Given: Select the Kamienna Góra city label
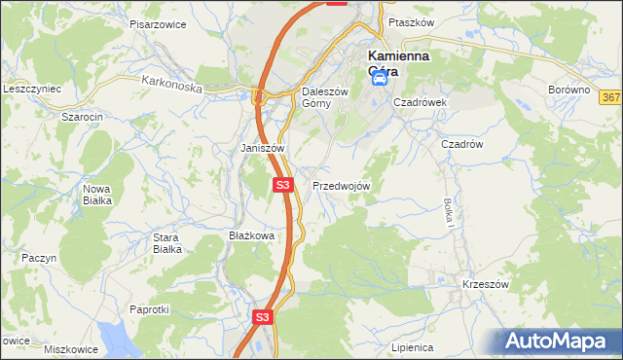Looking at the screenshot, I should (x=399, y=63).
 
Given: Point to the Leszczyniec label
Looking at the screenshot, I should (x=32, y=89).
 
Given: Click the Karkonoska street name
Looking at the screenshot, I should (x=171, y=86).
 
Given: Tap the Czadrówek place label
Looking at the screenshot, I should (x=420, y=101).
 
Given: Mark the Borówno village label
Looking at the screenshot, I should (x=569, y=90).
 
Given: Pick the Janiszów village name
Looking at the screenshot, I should (x=262, y=148).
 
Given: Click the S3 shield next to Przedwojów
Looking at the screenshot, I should (x=282, y=184).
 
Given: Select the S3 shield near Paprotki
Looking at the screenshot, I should (x=262, y=317).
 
